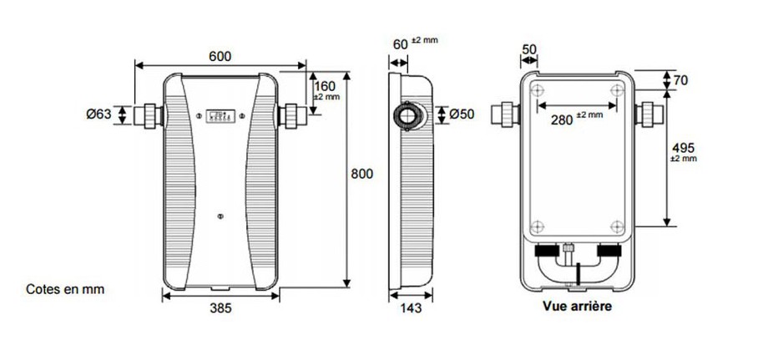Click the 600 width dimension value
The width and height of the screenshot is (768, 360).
coord(220,56)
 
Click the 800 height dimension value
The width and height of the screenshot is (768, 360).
coord(361,174)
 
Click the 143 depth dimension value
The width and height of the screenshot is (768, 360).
coord(410,308)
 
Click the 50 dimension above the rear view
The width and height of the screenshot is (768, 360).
coord(528,49)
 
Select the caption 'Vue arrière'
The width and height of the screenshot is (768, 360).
coord(577,307)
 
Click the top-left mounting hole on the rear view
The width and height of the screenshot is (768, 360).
coord(537,89)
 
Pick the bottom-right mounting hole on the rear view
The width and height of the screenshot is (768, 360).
coord(616,225)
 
